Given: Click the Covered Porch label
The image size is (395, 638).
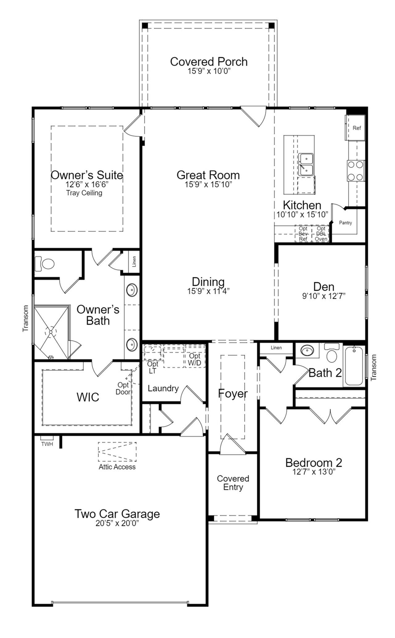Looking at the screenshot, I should pyautogui.click(x=209, y=62).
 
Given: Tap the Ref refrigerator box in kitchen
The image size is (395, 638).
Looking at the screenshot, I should pyautogui.click(x=356, y=128).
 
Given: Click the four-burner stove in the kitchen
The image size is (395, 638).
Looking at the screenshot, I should pyautogui.click(x=355, y=171).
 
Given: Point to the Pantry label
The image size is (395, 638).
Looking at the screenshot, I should pyautogui.click(x=345, y=223).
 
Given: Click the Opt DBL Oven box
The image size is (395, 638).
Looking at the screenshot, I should pyautogui.click(x=321, y=234).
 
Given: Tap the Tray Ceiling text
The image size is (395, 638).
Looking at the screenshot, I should pyautogui.click(x=84, y=193).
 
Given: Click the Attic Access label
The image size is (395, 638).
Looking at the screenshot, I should pyautogui.click(x=117, y=467).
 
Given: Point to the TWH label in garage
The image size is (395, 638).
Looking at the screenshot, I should pyautogui.click(x=47, y=444).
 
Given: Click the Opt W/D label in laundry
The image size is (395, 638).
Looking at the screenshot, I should pyautogui.click(x=195, y=359).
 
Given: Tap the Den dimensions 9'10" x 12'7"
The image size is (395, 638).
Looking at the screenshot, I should pyautogui.click(x=323, y=296).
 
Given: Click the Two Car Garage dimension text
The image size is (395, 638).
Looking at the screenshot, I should pyautogui.click(x=117, y=523).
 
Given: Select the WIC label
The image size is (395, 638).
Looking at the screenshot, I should pyautogui.click(x=88, y=397).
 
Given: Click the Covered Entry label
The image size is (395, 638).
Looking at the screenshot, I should pyautogui.click(x=233, y=483).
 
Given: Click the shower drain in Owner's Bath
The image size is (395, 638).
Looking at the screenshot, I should pyautogui.click(x=51, y=332).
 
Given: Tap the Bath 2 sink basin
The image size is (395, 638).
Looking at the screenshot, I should pyautogui.click(x=307, y=351).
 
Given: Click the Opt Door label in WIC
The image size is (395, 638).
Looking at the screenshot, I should pyautogui.click(x=123, y=389).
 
